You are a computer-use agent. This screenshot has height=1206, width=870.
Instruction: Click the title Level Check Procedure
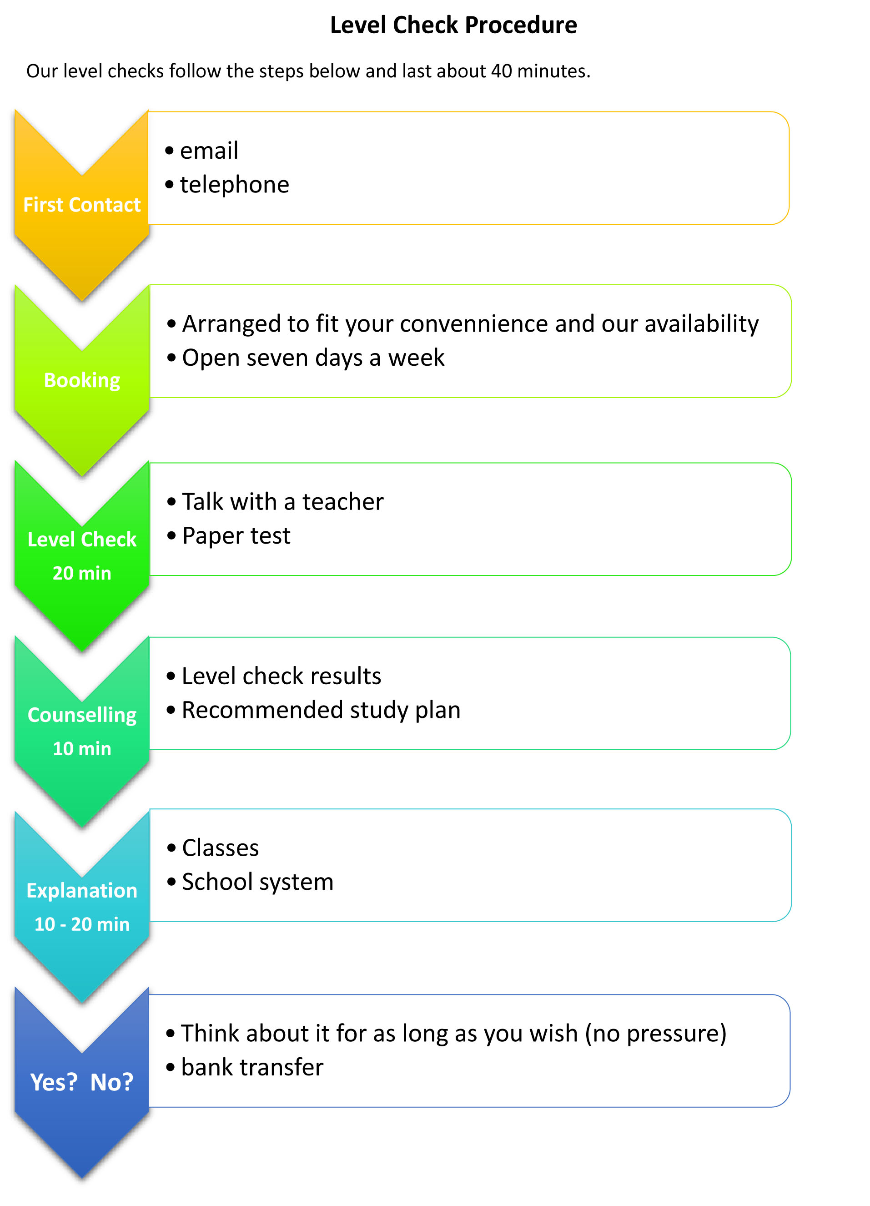coord(453,25)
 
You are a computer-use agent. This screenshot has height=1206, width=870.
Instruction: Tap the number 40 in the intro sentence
coord(501,71)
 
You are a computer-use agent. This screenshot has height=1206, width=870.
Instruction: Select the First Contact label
coord(82,205)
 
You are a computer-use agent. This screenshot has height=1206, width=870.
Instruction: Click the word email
coord(209,151)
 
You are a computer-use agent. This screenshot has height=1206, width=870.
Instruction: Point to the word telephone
coord(234,185)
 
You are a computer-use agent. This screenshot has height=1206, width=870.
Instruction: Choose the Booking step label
coord(82,381)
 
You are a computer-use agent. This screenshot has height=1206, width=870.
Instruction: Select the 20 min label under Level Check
coord(82,573)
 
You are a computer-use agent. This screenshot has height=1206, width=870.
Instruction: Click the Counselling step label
coord(82,716)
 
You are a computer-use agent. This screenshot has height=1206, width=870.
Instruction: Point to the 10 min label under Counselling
coord(82,749)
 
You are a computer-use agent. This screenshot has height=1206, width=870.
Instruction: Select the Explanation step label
coord(82,891)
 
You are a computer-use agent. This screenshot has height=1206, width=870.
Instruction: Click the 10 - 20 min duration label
coord(82,924)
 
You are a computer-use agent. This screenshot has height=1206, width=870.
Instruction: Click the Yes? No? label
coord(82,1082)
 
